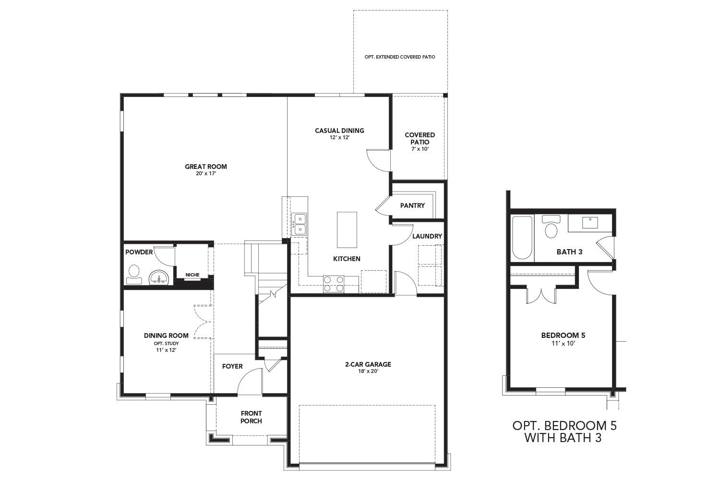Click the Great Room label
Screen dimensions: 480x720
coord(206,167)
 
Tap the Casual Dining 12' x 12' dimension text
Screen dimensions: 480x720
coord(339,138)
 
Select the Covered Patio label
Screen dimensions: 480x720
coord(420,138)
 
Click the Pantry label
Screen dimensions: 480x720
coord(412,205)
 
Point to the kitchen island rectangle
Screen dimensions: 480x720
coord(348,229)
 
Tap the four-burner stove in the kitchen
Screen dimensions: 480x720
coord(334,283)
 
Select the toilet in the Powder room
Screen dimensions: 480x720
coord(133,273)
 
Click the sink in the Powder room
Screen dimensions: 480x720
coord(158,278)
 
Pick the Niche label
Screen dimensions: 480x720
coord(192,275)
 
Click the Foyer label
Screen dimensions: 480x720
coord(232,366)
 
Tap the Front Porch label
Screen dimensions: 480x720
coord(251,417)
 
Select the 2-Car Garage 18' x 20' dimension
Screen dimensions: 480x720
coord(368,371)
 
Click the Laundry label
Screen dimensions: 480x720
coord(427,236)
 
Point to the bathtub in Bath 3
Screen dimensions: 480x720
coord(522,238)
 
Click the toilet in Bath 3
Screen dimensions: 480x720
coord(551,227)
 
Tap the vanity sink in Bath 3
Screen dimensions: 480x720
coord(589,223)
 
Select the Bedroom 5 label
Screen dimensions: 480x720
coord(563,336)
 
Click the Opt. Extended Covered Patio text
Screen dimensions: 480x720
coord(400,57)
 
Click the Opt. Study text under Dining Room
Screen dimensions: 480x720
coord(166,343)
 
